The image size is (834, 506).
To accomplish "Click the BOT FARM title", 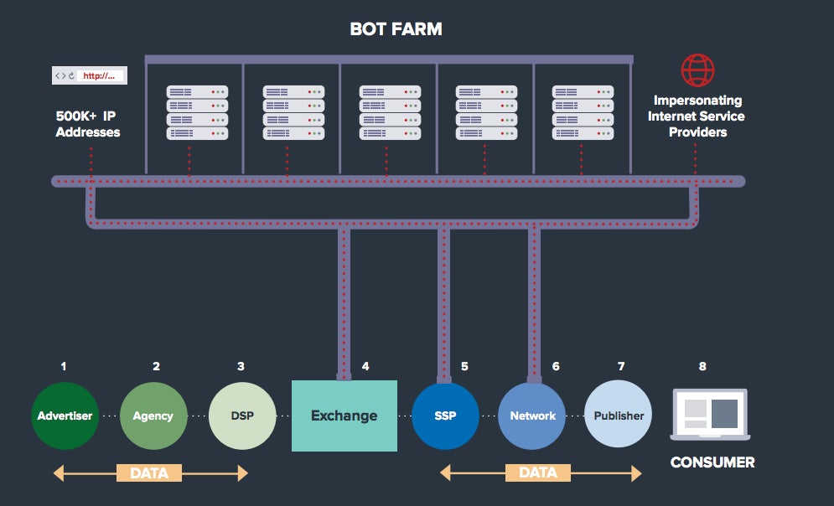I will [x=396, y=30].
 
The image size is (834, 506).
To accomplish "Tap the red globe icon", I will [x=697, y=71].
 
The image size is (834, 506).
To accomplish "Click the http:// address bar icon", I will [x=90, y=75].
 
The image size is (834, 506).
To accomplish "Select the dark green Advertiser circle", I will [x=65, y=416].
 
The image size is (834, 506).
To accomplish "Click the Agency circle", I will [x=153, y=416].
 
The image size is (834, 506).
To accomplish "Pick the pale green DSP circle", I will [x=242, y=416].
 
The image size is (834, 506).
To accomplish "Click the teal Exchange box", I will [x=344, y=416].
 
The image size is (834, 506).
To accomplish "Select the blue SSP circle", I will [x=445, y=416].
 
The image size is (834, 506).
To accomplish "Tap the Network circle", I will [x=532, y=416].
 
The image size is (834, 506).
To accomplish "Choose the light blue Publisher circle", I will [x=619, y=416].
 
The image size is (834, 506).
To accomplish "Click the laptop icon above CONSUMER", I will [x=709, y=414].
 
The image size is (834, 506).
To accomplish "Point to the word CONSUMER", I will [x=712, y=462].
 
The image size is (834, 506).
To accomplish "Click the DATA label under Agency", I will [x=149, y=473].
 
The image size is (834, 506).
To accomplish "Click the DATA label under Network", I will [x=537, y=473].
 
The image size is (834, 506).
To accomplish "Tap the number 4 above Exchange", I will [x=365, y=366].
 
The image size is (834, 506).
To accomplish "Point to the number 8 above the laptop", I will [x=702, y=366].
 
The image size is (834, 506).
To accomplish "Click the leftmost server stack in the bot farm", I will [x=197, y=112].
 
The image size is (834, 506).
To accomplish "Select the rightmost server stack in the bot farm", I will [x=583, y=112].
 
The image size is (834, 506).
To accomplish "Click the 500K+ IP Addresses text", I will [x=88, y=125].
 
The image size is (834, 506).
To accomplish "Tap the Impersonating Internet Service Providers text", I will [x=697, y=116].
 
